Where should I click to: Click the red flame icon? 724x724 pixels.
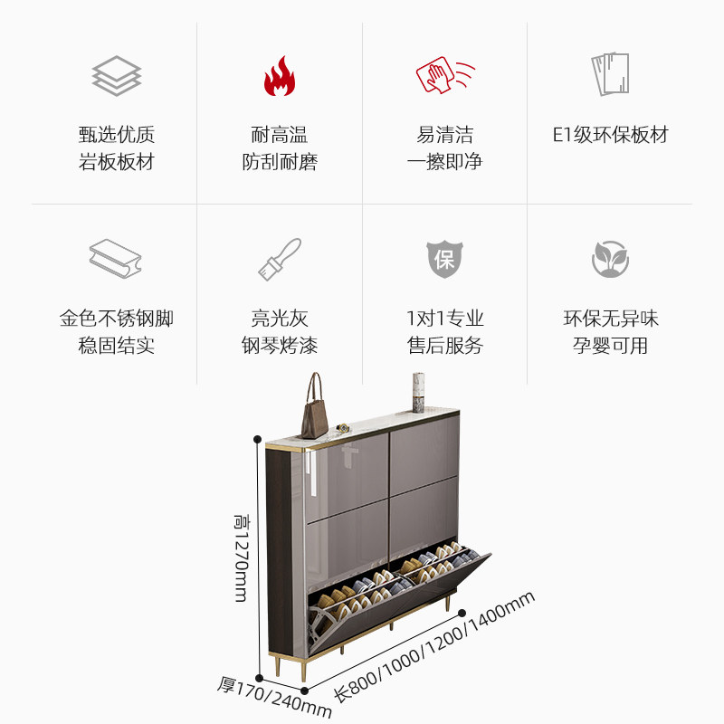click(279, 76)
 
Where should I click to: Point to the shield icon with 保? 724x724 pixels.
click(444, 260)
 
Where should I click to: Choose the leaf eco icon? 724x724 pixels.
click(610, 259)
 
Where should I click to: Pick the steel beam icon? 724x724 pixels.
click(116, 259)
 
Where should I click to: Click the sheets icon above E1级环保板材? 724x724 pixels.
click(610, 74)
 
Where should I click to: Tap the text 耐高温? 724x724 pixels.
click(279, 136)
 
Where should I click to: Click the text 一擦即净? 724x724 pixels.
click(444, 162)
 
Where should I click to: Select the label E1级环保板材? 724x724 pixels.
click(610, 136)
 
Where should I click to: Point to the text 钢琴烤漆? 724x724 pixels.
click(279, 346)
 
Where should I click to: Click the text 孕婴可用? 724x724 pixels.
click(610, 346)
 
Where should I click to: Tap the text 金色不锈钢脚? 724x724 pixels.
click(116, 319)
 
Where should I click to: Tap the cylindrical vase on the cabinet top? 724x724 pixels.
click(418, 393)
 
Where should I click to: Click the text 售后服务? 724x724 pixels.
click(444, 346)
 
